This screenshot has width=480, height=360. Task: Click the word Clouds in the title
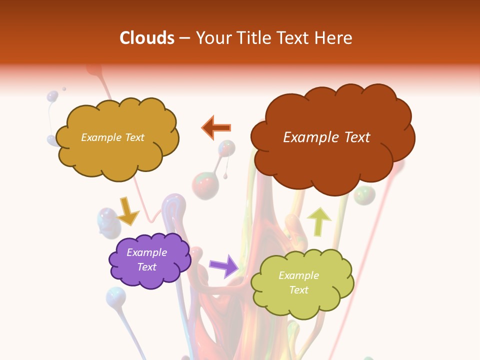pyautogui.click(x=147, y=38)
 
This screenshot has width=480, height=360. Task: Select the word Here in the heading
pyautogui.click(x=334, y=38)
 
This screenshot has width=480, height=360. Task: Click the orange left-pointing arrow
pyautogui.click(x=216, y=127)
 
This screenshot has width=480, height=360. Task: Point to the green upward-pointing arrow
pyautogui.click(x=318, y=220)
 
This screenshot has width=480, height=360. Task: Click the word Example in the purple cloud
pyautogui.click(x=146, y=252)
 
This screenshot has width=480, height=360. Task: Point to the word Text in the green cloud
pyautogui.click(x=298, y=290)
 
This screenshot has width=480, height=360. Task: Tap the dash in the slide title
pyautogui.click(x=184, y=38)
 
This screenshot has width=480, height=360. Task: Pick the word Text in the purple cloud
pyautogui.click(x=146, y=267)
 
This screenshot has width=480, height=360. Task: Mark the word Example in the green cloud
pyautogui.click(x=298, y=275)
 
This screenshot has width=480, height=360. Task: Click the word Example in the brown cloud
pyautogui.click(x=307, y=137)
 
